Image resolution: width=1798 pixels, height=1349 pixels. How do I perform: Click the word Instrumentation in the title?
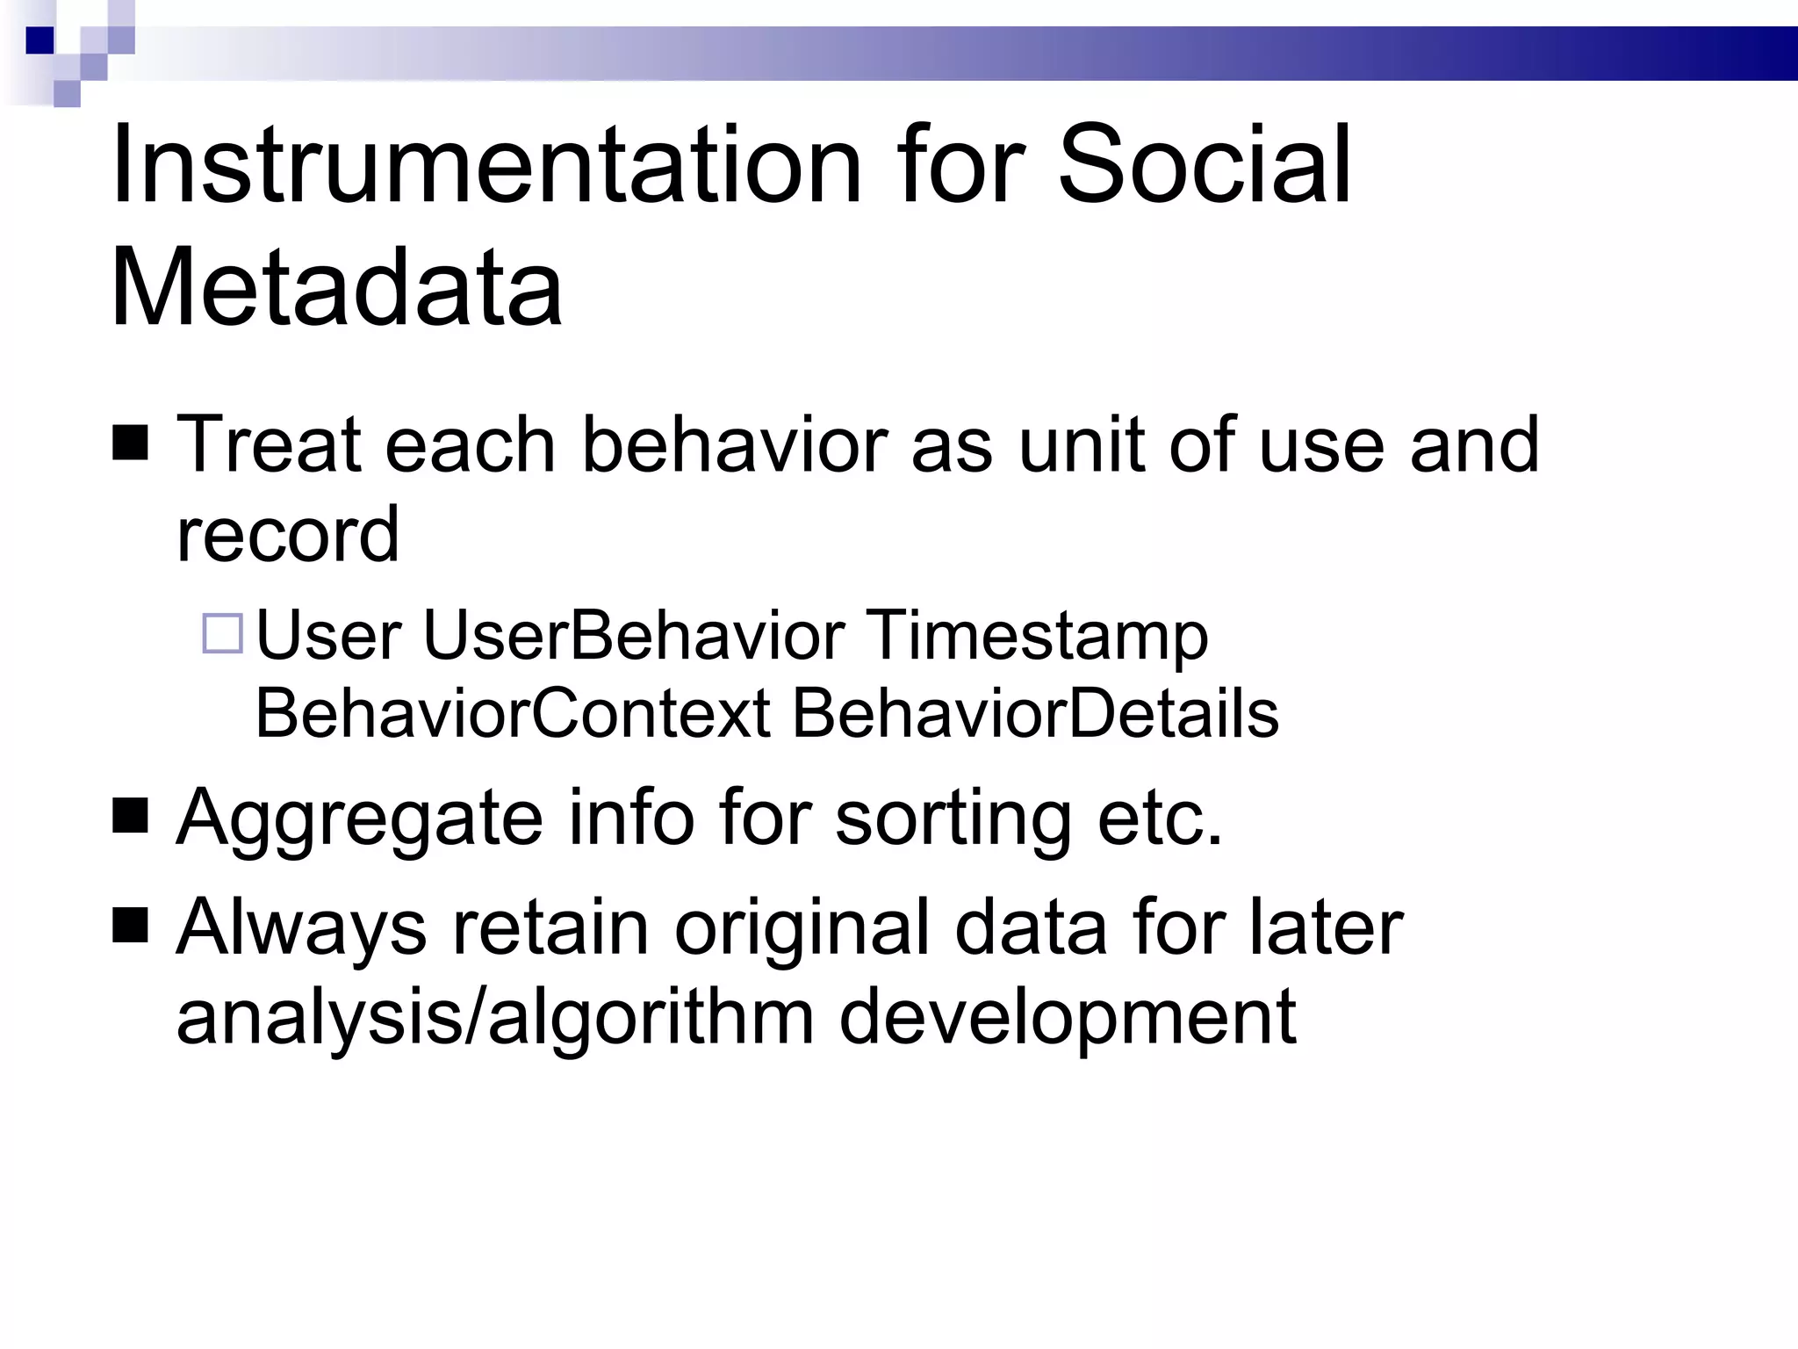click(x=487, y=164)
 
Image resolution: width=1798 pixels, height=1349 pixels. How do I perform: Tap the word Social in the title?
click(x=1205, y=164)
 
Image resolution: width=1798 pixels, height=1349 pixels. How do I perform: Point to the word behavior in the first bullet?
click(x=735, y=445)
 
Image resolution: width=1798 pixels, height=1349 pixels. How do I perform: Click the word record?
click(x=288, y=534)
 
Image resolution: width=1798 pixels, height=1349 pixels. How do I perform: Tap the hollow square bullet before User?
click(x=222, y=633)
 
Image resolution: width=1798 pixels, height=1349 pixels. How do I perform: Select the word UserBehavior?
click(x=634, y=635)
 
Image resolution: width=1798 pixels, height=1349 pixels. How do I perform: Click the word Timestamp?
click(x=1038, y=637)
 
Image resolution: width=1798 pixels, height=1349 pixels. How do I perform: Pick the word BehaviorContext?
click(x=513, y=713)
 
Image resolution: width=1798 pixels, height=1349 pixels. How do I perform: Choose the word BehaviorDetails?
click(x=1035, y=713)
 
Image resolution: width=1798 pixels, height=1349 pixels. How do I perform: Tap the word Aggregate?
click(x=360, y=819)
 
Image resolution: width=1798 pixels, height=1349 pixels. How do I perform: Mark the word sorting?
click(x=953, y=819)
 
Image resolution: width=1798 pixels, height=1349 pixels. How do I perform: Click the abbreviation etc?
click(x=1160, y=819)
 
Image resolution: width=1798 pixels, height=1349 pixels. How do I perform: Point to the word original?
click(x=801, y=928)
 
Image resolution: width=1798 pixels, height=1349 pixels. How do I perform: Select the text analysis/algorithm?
click(x=495, y=1018)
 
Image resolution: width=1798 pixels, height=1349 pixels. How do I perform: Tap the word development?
click(x=1067, y=1018)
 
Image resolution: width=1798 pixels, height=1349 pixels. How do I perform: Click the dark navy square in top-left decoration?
click(x=40, y=40)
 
